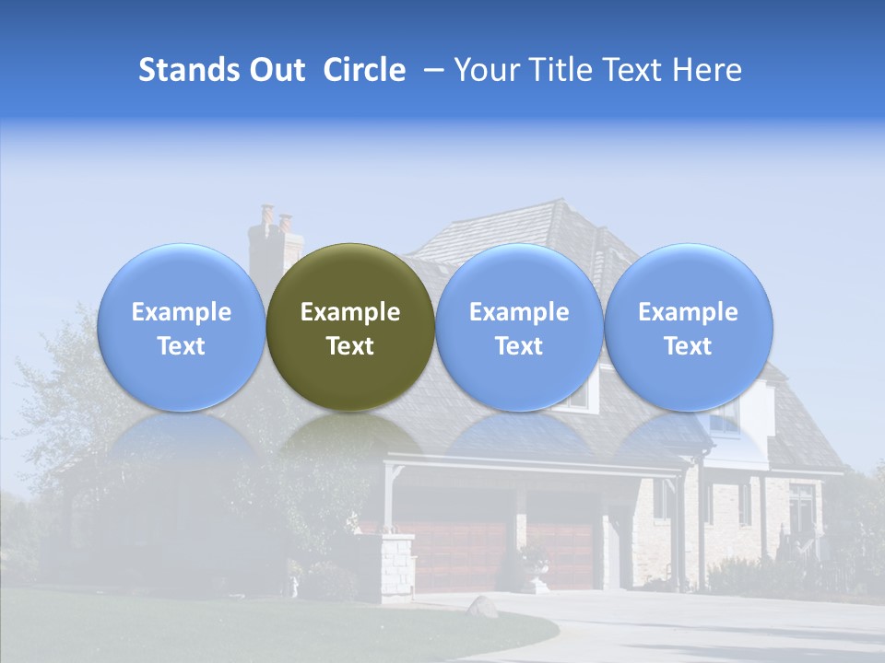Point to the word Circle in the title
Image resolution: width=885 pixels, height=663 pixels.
tap(364, 70)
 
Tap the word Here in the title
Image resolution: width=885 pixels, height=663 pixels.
tap(707, 70)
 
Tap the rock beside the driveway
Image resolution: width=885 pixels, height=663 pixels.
tap(482, 607)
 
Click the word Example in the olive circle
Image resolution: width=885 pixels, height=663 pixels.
tap(350, 312)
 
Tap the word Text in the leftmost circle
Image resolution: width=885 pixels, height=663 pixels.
tap(181, 346)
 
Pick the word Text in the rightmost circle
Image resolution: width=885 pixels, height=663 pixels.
tap(689, 346)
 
